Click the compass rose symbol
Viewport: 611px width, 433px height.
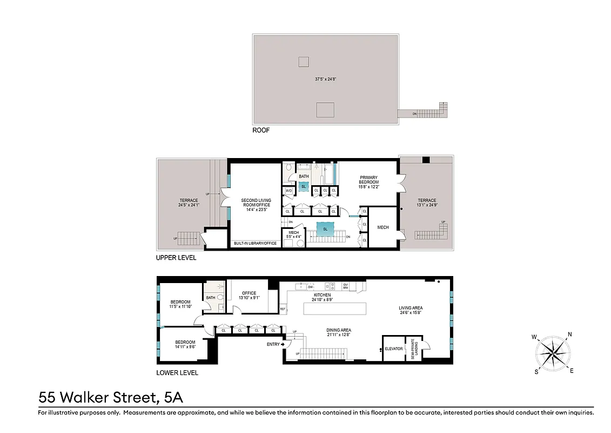click(553, 353)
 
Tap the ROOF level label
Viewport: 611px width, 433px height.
click(261, 130)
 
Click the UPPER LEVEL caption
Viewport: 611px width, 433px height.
click(176, 258)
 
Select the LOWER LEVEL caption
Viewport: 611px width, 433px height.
click(177, 372)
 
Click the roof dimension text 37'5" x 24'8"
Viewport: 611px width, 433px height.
click(326, 79)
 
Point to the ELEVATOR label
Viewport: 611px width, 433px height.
click(393, 349)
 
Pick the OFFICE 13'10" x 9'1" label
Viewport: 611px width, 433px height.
click(249, 296)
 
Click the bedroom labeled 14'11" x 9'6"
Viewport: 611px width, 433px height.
click(185, 344)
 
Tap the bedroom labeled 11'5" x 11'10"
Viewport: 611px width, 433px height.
click(180, 304)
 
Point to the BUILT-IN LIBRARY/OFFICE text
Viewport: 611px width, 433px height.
click(255, 244)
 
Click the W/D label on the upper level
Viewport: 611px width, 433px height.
click(288, 191)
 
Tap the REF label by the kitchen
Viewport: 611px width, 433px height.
click(283, 309)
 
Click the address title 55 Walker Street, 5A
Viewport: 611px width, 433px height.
click(111, 398)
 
